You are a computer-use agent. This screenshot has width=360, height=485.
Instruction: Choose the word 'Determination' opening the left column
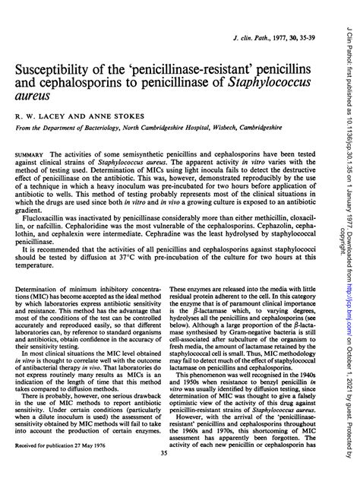pos(38,290)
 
